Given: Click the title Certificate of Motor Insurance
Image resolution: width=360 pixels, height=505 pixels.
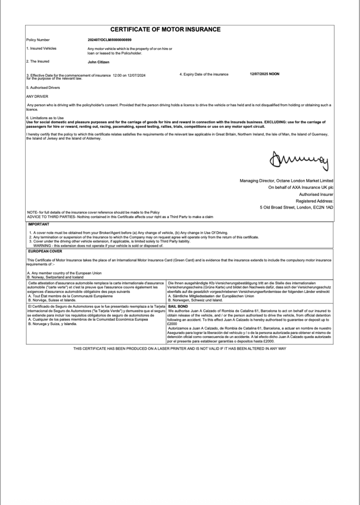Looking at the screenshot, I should [x=166, y=29].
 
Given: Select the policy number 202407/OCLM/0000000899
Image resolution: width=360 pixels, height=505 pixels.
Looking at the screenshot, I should [x=109, y=40].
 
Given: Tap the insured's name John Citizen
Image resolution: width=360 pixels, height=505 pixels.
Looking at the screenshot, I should [x=99, y=61].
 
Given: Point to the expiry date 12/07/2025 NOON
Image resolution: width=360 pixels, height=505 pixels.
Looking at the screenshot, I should [x=265, y=74].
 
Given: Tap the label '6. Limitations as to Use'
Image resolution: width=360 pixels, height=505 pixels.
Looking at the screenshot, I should [x=45, y=117].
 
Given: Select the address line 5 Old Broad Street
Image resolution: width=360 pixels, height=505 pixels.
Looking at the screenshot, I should [x=296, y=207].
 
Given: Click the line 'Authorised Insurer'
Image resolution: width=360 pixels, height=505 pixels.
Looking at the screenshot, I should [x=316, y=194].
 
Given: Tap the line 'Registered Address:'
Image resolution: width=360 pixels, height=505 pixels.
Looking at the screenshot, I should [x=315, y=200].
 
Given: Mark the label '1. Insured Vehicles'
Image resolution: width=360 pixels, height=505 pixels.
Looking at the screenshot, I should [x=41, y=49].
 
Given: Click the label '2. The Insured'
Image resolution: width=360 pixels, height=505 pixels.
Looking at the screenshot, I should [x=38, y=61].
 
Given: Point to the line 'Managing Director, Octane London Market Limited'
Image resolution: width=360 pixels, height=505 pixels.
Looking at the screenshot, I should [x=286, y=180].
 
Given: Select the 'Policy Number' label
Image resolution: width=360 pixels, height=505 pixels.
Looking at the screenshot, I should [x=38, y=40].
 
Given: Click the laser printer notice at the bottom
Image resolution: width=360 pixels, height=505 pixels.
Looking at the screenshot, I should [x=180, y=349].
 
